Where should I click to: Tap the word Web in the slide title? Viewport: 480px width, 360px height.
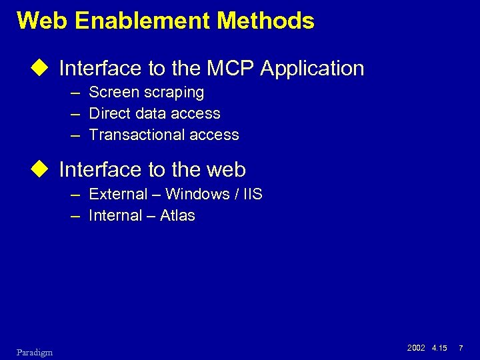pos(43,21)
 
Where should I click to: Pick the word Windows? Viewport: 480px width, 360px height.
pos(198,195)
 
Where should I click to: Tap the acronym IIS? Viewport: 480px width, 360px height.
pos(252,195)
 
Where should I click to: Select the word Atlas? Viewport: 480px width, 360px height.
pos(177,215)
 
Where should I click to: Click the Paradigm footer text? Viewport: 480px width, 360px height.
pos(35,352)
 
